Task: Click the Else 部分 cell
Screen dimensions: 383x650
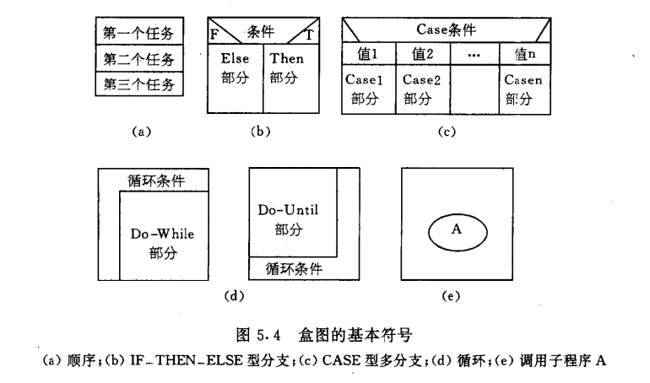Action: click(x=236, y=69)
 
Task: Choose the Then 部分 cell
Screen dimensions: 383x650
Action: click(x=287, y=69)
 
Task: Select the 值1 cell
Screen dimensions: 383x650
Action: click(x=369, y=55)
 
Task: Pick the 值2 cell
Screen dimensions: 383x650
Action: click(x=423, y=55)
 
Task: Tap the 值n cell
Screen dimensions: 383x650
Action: click(x=525, y=55)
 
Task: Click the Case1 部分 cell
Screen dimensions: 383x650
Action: click(x=369, y=89)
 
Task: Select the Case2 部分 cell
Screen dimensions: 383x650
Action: click(x=423, y=89)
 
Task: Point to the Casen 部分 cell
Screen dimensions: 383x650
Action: click(x=525, y=89)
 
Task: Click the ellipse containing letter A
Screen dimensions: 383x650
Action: click(x=457, y=229)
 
